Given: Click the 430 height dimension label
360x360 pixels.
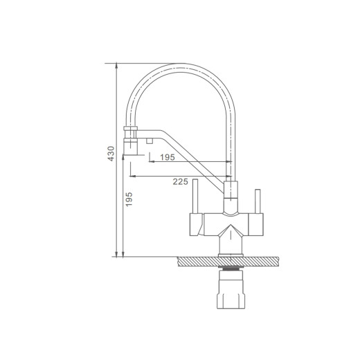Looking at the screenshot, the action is (111, 154).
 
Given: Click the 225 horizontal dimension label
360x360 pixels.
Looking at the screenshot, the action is (181, 182).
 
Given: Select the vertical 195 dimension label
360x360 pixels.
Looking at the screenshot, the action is (129, 199).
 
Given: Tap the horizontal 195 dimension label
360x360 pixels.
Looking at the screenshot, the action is (168, 157).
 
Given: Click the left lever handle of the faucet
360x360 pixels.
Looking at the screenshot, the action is (195, 196).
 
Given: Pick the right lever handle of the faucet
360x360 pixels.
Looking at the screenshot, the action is (258, 201).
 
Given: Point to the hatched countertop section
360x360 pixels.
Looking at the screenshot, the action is (228, 262).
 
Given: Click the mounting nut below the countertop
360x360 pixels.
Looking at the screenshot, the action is (231, 289).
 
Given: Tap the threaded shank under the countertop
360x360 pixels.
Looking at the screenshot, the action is (231, 269).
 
